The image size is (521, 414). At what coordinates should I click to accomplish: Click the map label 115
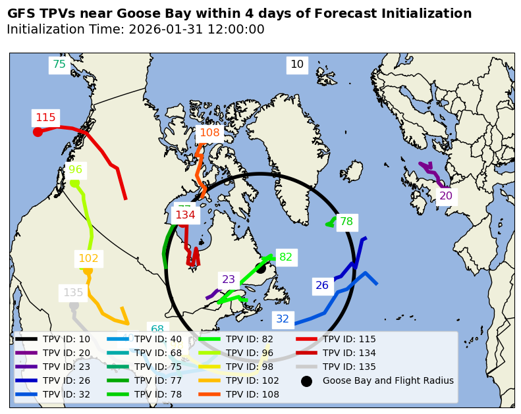pyautogui.click(x=45, y=118)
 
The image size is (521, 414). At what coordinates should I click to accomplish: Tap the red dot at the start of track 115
pyautogui.click(x=38, y=132)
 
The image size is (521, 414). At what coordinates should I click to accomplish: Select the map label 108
pyautogui.click(x=209, y=133)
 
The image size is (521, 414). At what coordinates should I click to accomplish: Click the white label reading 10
pyautogui.click(x=297, y=65)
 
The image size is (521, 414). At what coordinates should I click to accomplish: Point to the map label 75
pyautogui.click(x=59, y=65)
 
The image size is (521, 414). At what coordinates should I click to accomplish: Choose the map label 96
pyautogui.click(x=76, y=170)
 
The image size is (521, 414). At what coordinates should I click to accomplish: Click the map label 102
pyautogui.click(x=88, y=259)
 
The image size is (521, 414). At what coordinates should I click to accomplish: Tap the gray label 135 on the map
pyautogui.click(x=73, y=293)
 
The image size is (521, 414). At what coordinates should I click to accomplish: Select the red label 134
pyautogui.click(x=185, y=215)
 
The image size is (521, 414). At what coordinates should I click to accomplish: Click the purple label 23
pyautogui.click(x=229, y=280)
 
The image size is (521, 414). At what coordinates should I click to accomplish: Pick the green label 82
pyautogui.click(x=286, y=257)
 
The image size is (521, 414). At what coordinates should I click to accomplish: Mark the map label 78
pyautogui.click(x=346, y=222)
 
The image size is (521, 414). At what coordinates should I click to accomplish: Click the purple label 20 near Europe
pyautogui.click(x=446, y=196)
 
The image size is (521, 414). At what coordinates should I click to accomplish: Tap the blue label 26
pyautogui.click(x=322, y=286)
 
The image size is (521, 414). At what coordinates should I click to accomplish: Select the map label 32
pyautogui.click(x=283, y=319)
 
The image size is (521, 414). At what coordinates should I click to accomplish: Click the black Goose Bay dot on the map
pyautogui.click(x=261, y=268)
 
